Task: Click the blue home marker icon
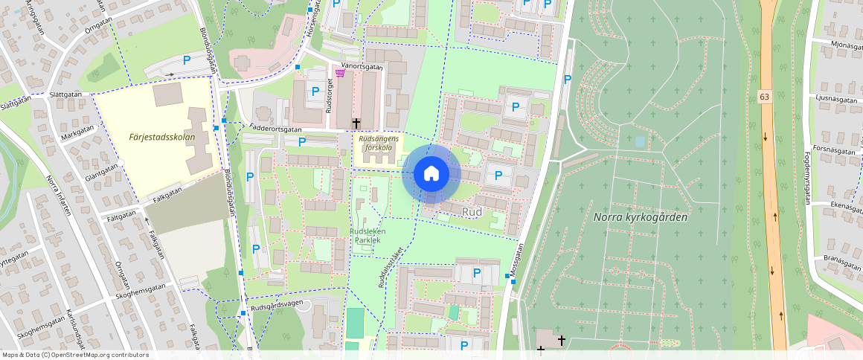(x=431, y=174)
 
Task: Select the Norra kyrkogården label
(x=640, y=217)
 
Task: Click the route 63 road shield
(x=764, y=97)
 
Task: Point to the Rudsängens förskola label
(x=379, y=143)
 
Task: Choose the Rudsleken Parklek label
(x=368, y=236)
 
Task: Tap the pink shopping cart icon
(x=340, y=73)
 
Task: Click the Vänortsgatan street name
(x=362, y=66)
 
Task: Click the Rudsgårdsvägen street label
(x=277, y=303)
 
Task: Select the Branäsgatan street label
(x=842, y=258)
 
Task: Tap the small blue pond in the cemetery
(x=640, y=141)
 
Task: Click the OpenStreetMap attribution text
(x=74, y=355)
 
